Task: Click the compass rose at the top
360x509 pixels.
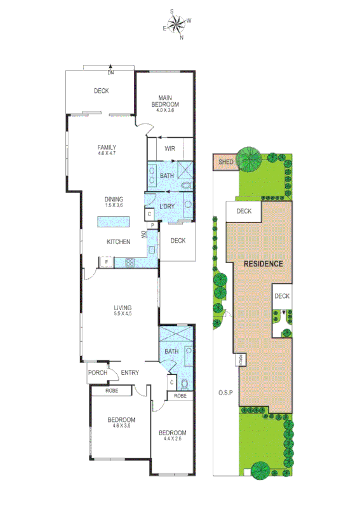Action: click(x=177, y=24)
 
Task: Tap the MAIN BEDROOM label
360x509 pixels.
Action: click(x=164, y=102)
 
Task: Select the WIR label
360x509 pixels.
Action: click(x=170, y=149)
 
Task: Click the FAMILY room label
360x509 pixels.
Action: click(x=106, y=147)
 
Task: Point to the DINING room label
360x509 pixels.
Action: click(x=114, y=199)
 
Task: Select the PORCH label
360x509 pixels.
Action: click(x=97, y=373)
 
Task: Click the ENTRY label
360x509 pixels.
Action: click(x=130, y=373)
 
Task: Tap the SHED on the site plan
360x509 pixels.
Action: click(x=225, y=162)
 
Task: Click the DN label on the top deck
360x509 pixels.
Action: click(x=110, y=73)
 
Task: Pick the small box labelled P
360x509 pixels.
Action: click(x=152, y=224)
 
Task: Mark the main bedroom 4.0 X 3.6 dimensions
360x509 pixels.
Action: click(x=164, y=111)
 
